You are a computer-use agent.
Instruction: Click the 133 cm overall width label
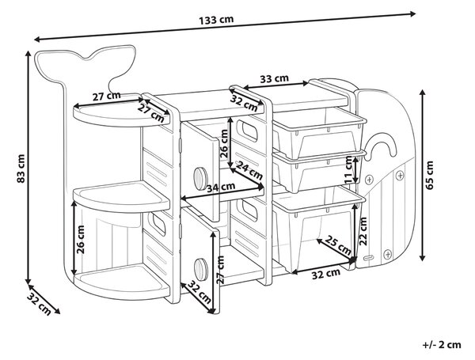(x=216, y=20)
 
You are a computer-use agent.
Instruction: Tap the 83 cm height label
(x=21, y=169)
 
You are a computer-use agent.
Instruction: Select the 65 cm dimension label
(x=430, y=175)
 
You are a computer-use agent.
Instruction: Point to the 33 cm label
(x=274, y=78)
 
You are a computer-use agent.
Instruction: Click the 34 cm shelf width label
(x=221, y=188)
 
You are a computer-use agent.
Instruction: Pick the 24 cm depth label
(x=249, y=170)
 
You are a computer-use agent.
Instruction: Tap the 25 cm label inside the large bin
(x=339, y=245)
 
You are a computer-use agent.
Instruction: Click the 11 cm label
(x=349, y=169)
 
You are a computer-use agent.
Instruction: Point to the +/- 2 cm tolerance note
(x=442, y=344)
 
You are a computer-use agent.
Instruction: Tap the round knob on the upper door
(x=200, y=179)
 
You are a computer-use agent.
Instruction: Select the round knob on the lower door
(x=200, y=269)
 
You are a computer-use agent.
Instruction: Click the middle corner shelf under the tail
(x=121, y=197)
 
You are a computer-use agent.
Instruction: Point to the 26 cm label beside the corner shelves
(x=81, y=239)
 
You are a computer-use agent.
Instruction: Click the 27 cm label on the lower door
(x=221, y=270)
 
